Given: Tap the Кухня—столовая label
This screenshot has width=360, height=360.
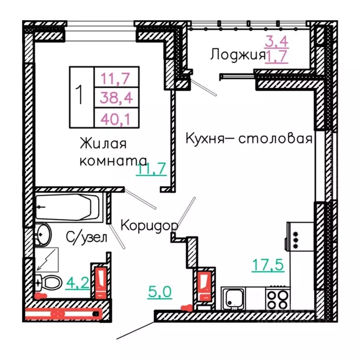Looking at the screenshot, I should coord(249,139).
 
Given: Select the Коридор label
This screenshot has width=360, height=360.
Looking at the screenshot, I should coord(150,225).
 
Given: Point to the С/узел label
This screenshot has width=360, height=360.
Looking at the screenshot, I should coord(86,237).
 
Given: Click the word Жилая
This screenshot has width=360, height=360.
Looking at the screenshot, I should coord(103,142).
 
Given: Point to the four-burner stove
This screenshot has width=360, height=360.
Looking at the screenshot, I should coord(278,299).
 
